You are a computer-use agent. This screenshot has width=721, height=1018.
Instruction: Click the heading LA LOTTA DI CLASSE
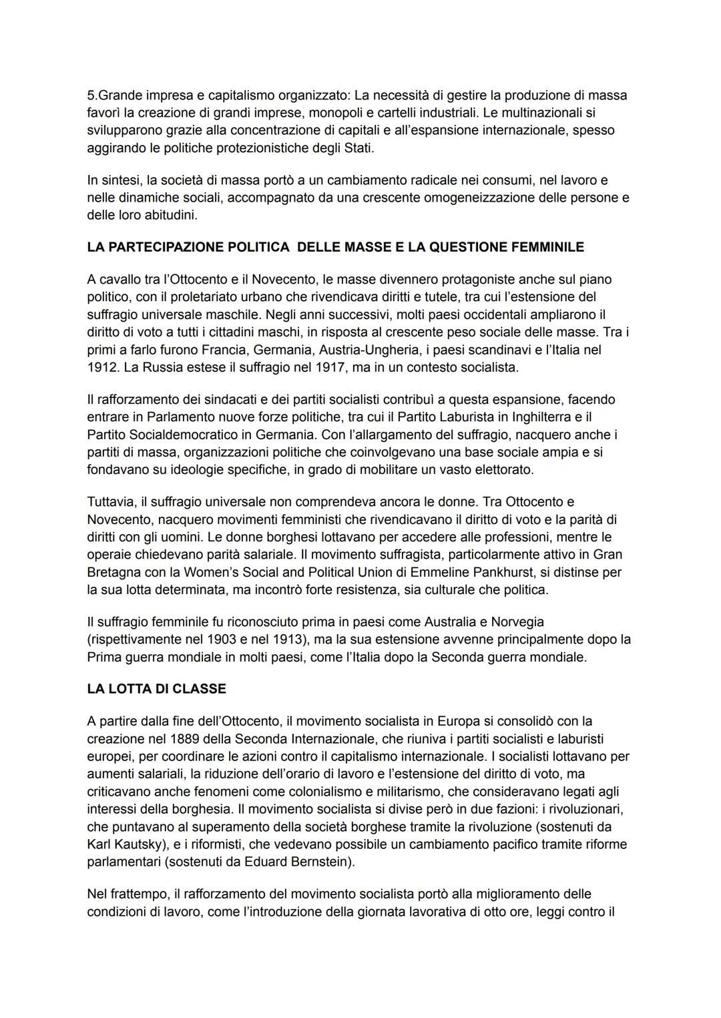click(156, 688)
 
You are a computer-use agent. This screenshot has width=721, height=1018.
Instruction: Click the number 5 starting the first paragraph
click(91, 95)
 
